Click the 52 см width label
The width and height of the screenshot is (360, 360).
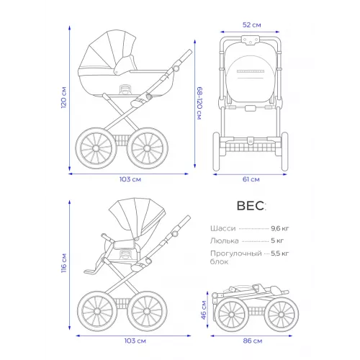point(251,25)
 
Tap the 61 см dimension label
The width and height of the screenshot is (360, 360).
point(251,179)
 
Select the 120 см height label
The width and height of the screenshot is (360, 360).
point(63,97)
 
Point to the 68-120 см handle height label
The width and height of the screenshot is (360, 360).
point(199,103)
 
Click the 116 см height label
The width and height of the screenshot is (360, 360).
point(63,263)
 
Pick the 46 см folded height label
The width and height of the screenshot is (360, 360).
point(204,310)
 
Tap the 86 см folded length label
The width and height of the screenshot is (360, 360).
point(253,341)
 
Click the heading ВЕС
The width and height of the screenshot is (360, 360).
point(251,206)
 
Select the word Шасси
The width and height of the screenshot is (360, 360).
point(223,228)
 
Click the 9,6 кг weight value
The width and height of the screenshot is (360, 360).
point(280,228)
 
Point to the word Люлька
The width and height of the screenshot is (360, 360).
point(225,240)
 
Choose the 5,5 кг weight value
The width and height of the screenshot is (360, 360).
point(280,253)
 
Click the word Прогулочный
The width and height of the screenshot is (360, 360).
point(236,253)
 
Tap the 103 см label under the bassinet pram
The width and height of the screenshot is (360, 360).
point(130,179)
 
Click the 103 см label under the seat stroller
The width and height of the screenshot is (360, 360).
point(135,341)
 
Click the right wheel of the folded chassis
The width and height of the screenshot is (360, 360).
point(282,315)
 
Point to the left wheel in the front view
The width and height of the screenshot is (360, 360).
point(216,151)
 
